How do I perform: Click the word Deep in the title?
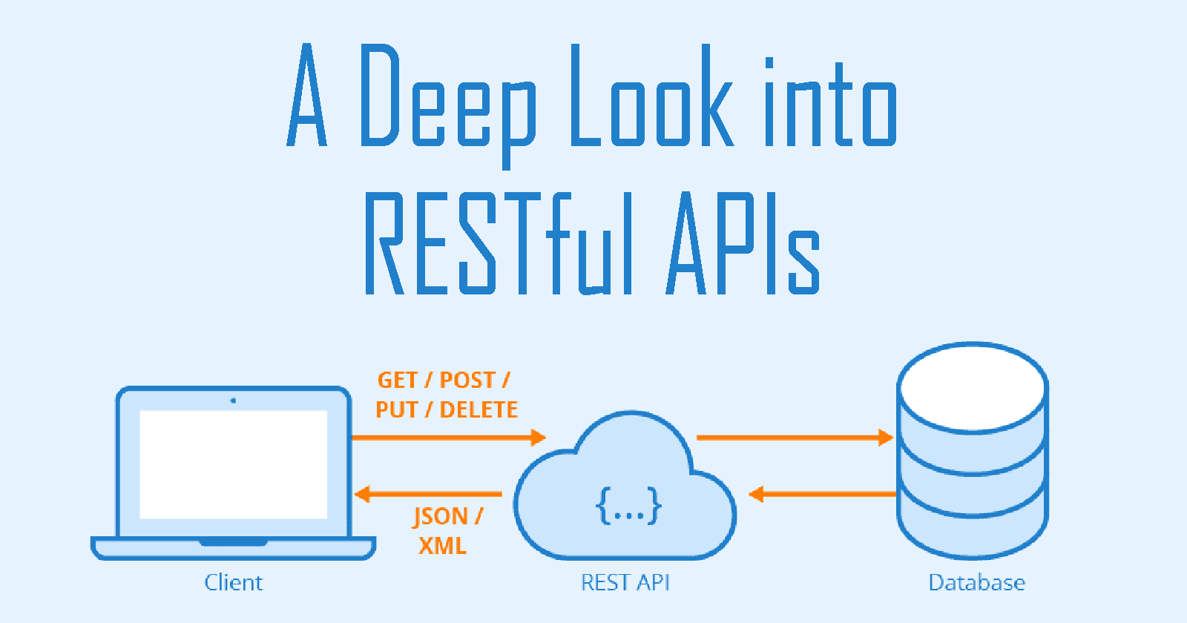point(447,96)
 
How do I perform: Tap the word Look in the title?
point(651,96)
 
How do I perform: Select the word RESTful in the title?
point(499,243)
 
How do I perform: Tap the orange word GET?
point(397,380)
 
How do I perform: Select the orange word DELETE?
point(479,409)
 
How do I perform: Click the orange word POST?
point(467,380)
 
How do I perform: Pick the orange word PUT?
point(396,409)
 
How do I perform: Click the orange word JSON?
point(441,516)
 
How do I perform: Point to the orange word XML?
point(442,546)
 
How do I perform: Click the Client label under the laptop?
point(233,583)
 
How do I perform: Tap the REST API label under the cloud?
point(625,583)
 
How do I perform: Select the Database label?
point(976,583)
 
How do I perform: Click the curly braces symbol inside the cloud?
point(628,506)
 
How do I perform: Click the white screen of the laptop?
point(233,464)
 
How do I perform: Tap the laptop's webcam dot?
point(233,400)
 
